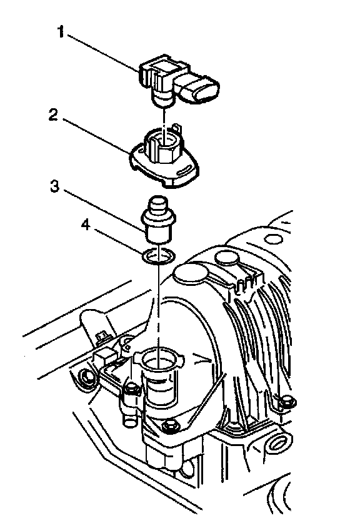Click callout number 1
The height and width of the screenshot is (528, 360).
tap(61, 33)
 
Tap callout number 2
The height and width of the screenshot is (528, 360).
tap(54, 115)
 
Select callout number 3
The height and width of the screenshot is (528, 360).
tap(55, 186)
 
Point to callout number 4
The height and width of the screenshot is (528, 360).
tap(86, 225)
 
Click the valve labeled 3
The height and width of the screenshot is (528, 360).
tap(157, 220)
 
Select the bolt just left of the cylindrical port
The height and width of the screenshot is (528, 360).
tap(131, 390)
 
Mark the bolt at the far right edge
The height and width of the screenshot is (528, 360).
tap(287, 402)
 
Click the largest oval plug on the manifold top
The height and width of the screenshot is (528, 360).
tap(191, 272)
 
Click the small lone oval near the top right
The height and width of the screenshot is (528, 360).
tap(272, 238)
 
